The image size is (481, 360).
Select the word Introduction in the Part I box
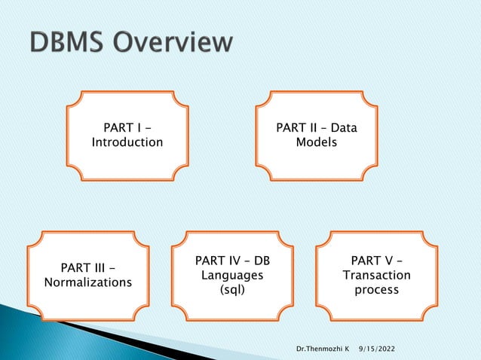pyautogui.click(x=127, y=142)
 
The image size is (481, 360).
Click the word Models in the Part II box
pyautogui.click(x=317, y=142)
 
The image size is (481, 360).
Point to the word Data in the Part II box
pyautogui.click(x=343, y=128)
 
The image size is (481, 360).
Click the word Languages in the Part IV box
pyautogui.click(x=232, y=276)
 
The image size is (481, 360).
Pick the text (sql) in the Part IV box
pyautogui.click(x=232, y=290)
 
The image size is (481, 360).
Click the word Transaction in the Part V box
pyautogui.click(x=376, y=276)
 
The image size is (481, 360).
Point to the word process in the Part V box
pyautogui.click(x=376, y=290)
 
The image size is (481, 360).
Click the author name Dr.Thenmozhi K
pyautogui.click(x=322, y=350)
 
